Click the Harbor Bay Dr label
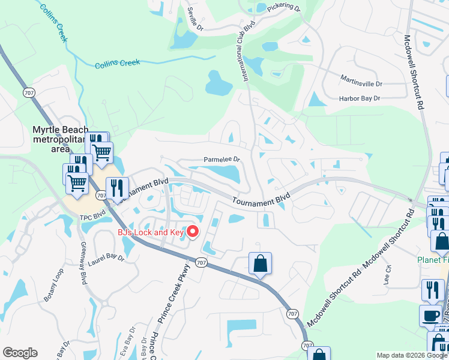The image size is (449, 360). pyautogui.click(x=360, y=98)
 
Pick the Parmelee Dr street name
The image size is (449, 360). pyautogui.click(x=221, y=160)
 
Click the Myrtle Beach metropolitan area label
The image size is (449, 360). pyautogui.click(x=60, y=139)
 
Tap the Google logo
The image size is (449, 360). pyautogui.click(x=19, y=353)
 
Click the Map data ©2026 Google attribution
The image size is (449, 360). pyautogui.click(x=411, y=355)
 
